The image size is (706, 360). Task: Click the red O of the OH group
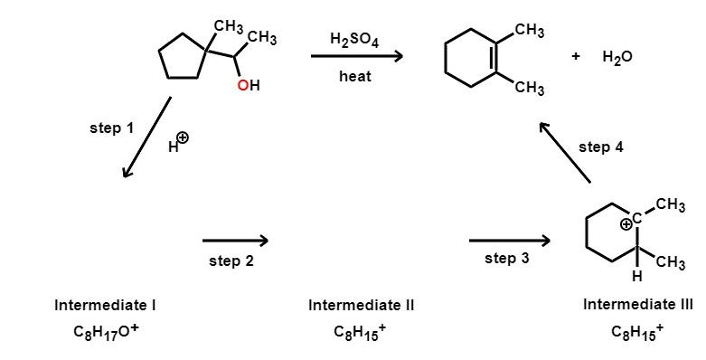241,86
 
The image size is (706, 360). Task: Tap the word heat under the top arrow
354,77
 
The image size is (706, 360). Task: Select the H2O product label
617,57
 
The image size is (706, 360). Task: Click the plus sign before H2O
575,56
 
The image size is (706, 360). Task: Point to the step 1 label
111,128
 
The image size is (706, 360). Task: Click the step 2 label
231,261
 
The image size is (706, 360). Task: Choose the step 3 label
507,259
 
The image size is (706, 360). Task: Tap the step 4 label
600,147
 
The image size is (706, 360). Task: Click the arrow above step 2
235,241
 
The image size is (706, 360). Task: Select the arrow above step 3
509,241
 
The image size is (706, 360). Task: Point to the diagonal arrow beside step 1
146,137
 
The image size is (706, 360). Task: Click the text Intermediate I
106,306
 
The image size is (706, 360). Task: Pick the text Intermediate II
361,306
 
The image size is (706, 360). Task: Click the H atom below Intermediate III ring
636,274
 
